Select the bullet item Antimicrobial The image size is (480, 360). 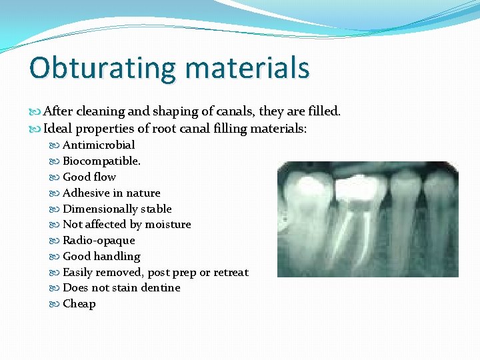coord(98,145)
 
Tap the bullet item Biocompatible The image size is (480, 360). coord(101,161)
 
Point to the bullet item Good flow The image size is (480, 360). coord(89,177)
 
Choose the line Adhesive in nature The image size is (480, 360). coord(111,193)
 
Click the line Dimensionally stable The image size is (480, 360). coord(117,209)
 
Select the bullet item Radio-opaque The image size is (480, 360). coord(98,240)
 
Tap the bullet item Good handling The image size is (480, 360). coord(101,256)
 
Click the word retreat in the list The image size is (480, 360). coord(231,272)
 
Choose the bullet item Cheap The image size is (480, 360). coord(79,303)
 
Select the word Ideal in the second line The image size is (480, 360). coord(58,128)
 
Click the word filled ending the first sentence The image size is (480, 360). coord(323,111)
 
